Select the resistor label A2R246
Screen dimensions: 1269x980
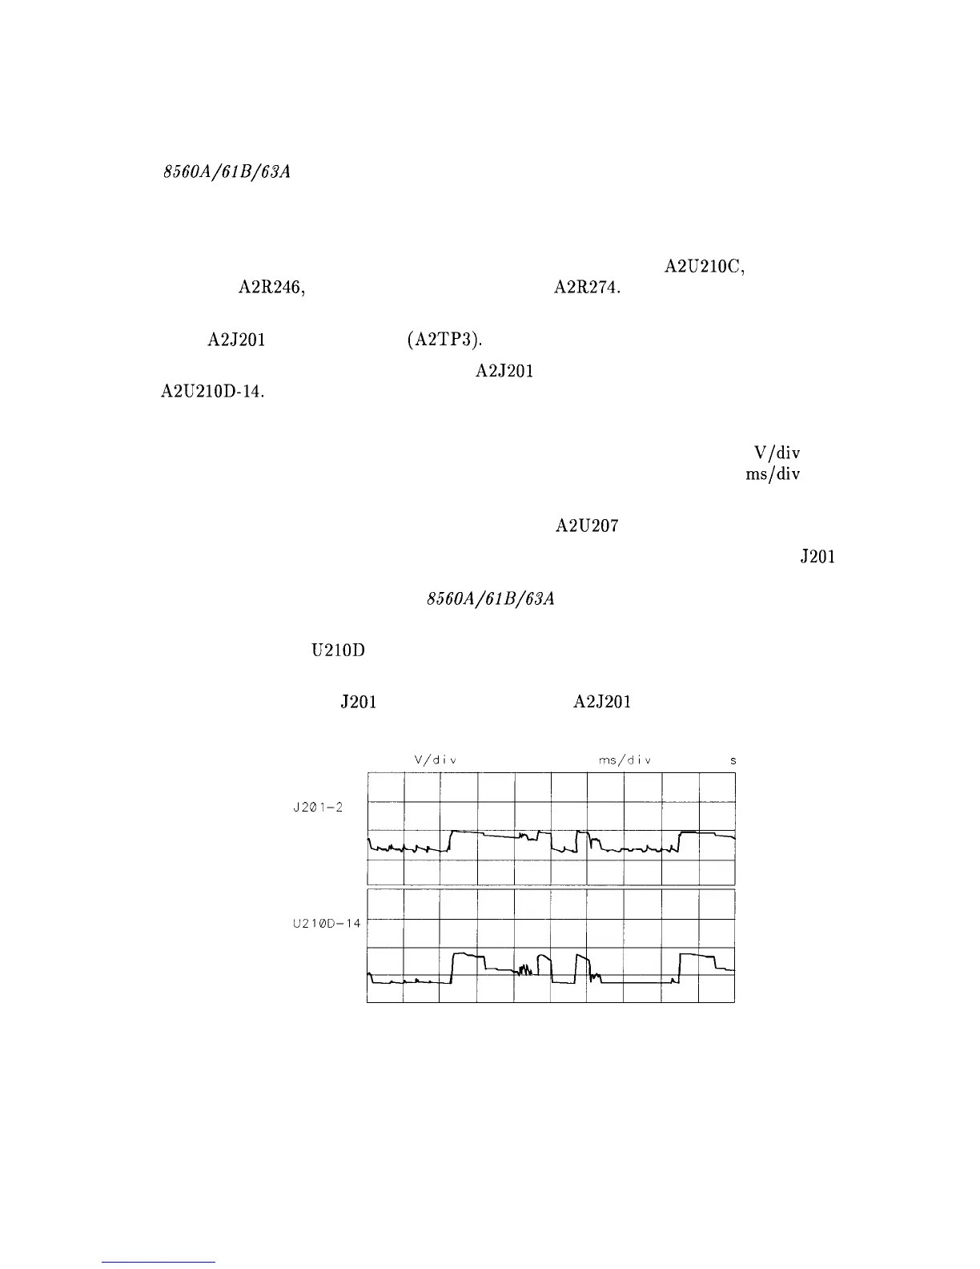[272, 290]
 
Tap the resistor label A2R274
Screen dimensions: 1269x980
[588, 290]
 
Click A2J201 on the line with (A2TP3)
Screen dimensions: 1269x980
[236, 340]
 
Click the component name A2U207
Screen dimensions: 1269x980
[587, 526]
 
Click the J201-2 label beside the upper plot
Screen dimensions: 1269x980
[318, 807]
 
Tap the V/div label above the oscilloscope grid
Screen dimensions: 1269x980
[435, 759]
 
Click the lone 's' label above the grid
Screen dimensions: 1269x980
[733, 759]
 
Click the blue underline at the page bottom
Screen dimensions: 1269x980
[159, 1262]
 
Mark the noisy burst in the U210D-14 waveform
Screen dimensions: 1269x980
[525, 970]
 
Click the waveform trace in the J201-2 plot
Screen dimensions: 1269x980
[480, 834]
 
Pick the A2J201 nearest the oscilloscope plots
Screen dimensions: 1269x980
[602, 703]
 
